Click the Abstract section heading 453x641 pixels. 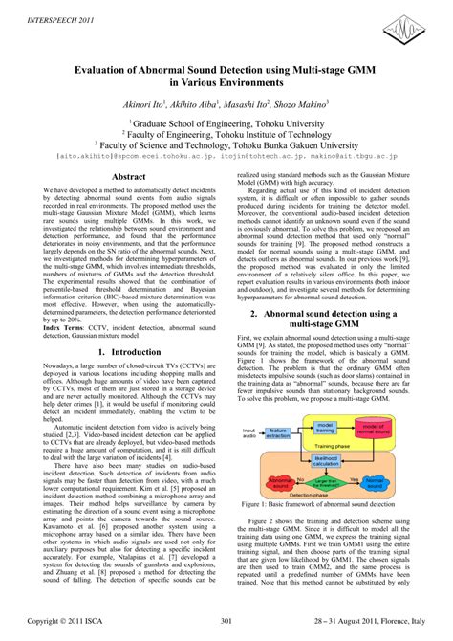[x=128, y=177]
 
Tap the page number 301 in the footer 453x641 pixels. [x=226, y=622]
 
